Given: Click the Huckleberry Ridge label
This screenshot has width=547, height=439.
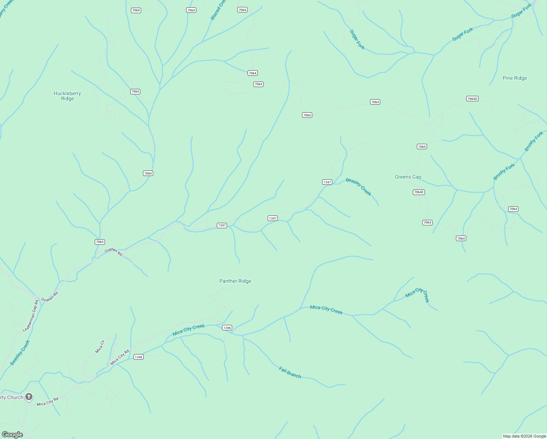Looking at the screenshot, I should coord(67,96).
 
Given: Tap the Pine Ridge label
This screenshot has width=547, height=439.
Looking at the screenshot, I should coord(514,78).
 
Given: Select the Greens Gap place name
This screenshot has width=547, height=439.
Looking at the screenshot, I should coord(408,177).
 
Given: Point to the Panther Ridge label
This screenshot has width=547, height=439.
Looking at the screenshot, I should coord(235,281).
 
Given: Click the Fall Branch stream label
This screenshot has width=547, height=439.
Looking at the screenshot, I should coord(290,372).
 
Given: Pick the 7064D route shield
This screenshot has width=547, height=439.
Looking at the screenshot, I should coord(472,99).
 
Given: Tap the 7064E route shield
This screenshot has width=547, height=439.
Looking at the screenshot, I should coord(419,192).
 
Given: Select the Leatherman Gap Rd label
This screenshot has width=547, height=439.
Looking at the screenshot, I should coord(31,316).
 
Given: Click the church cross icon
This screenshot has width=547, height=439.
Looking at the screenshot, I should coord(29,397).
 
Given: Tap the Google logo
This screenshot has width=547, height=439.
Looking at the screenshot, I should coord(12,435).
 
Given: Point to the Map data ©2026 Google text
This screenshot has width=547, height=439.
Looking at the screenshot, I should coord(524,436).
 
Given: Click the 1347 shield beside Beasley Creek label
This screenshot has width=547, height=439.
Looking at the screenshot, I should coord(327,182).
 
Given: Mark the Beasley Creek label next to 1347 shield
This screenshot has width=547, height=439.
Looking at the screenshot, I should coord(358,187).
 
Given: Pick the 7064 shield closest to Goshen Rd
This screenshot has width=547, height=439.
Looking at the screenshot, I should coord(100,242).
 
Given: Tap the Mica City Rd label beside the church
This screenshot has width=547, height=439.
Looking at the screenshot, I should coord(48,402).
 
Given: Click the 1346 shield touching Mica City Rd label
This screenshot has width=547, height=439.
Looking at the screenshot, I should coord(138,357).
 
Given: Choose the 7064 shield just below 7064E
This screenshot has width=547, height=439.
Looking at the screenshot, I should coord(427,222).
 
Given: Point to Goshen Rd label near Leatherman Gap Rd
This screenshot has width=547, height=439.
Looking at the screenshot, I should coord(50,296).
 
